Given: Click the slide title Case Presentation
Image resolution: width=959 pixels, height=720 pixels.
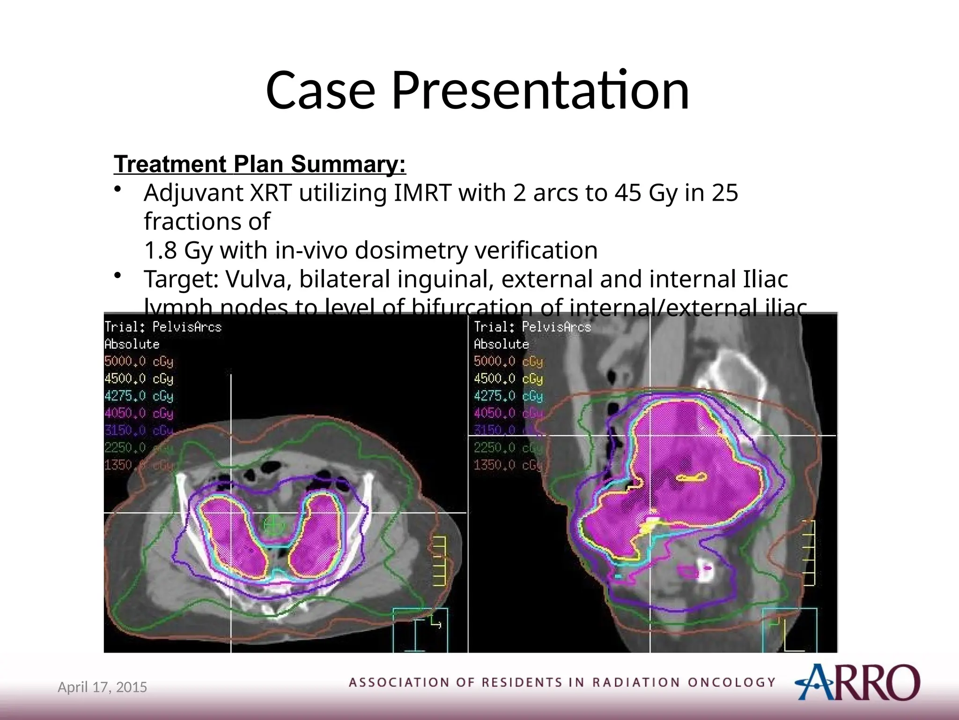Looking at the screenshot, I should [x=478, y=90].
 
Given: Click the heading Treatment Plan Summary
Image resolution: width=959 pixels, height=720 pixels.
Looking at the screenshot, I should [x=260, y=164].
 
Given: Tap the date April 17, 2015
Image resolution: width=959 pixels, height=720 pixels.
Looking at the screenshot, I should [x=102, y=687].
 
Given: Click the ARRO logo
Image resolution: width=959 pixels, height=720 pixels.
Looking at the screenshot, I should [x=857, y=682].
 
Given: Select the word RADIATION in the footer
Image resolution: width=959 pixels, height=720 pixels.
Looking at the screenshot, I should [x=635, y=682].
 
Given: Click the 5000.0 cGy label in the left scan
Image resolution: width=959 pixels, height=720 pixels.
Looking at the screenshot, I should [x=139, y=361].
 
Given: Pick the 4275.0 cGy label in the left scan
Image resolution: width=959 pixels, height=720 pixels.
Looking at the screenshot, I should [x=139, y=396].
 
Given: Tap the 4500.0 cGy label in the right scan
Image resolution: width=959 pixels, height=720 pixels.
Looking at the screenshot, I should [x=508, y=379].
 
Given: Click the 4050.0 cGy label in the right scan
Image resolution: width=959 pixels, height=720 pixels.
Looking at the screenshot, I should [x=508, y=413].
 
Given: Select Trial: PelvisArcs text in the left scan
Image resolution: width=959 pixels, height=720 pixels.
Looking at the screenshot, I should [x=163, y=327].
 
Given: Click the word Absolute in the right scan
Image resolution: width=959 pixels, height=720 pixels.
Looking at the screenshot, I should [x=501, y=344].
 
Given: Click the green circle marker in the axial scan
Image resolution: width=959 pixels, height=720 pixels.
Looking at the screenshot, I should [x=274, y=525].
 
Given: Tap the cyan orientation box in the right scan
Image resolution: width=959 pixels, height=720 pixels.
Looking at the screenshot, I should [x=789, y=630].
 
